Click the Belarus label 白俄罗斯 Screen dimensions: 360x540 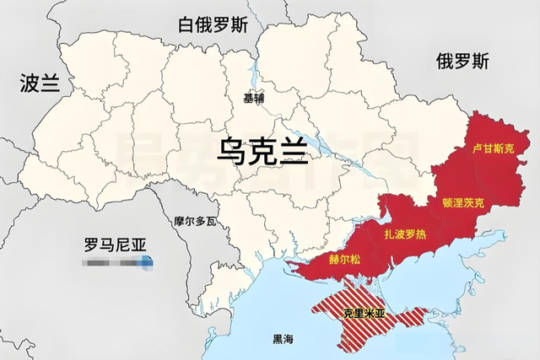[213, 25]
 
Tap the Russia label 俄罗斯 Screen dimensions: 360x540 [462, 61]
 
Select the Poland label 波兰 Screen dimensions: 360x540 [40, 83]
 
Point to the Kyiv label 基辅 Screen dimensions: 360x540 [253, 98]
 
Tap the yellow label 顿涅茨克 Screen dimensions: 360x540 [463, 202]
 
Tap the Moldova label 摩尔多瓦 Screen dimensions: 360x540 [196, 221]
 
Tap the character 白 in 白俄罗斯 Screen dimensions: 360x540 [186, 25]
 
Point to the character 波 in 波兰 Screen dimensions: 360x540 [30, 83]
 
